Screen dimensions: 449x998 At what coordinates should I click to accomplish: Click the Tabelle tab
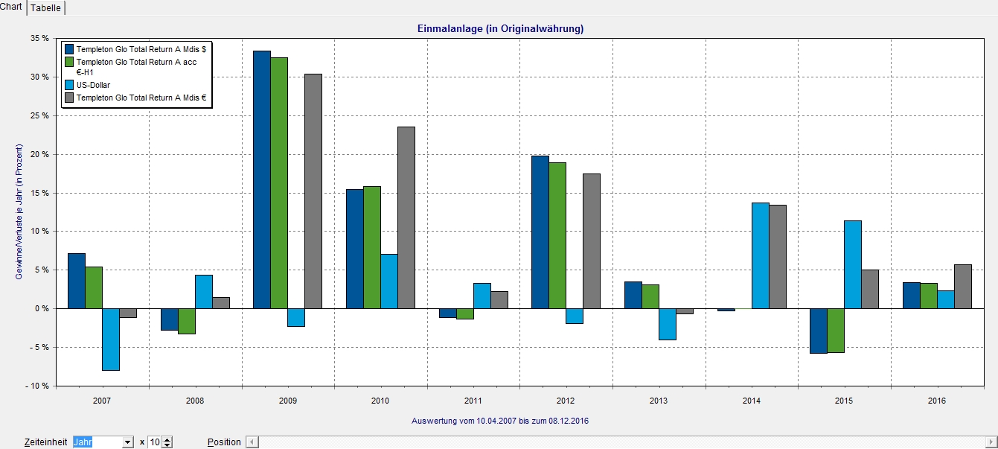[x=45, y=7]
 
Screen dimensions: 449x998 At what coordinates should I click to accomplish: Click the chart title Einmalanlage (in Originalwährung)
[x=500, y=29]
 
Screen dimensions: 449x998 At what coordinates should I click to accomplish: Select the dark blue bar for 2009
[x=261, y=179]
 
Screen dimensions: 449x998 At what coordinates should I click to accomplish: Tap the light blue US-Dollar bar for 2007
[x=111, y=339]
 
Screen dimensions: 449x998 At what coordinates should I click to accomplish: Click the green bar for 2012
[x=557, y=235]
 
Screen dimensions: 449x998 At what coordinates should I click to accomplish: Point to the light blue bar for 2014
[x=760, y=255]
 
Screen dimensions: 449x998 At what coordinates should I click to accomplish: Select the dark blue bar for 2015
[x=818, y=331]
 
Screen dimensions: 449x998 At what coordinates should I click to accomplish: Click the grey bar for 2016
[x=963, y=287]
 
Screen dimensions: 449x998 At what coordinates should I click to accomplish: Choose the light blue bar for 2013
[x=667, y=324]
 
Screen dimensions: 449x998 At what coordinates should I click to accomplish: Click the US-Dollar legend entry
[x=93, y=85]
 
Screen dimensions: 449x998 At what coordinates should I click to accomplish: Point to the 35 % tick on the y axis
[x=39, y=38]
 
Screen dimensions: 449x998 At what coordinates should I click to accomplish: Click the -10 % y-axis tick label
[x=37, y=386]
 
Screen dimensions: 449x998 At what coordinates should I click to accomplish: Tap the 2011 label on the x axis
[x=473, y=401]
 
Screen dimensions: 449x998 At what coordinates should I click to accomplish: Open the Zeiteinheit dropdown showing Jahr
[x=127, y=442]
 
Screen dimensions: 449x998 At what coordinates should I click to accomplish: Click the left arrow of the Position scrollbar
[x=252, y=442]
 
